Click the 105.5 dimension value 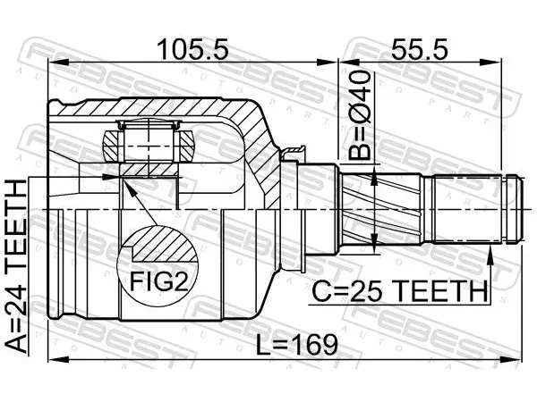click(x=192, y=49)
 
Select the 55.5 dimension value click(x=419, y=49)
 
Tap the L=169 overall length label click(x=297, y=345)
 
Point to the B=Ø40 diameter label click(x=360, y=115)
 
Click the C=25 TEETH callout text click(x=399, y=290)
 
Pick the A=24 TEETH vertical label click(x=16, y=266)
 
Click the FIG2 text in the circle click(x=159, y=281)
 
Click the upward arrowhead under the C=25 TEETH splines click(x=490, y=255)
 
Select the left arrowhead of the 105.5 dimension click(x=59, y=63)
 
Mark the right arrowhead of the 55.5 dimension click(x=491, y=63)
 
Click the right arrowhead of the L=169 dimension click(x=512, y=359)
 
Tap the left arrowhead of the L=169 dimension click(x=59, y=359)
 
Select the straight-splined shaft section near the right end click(x=467, y=209)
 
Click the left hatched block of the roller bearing click(x=113, y=146)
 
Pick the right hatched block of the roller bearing click(x=187, y=146)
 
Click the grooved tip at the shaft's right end click(x=515, y=209)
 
